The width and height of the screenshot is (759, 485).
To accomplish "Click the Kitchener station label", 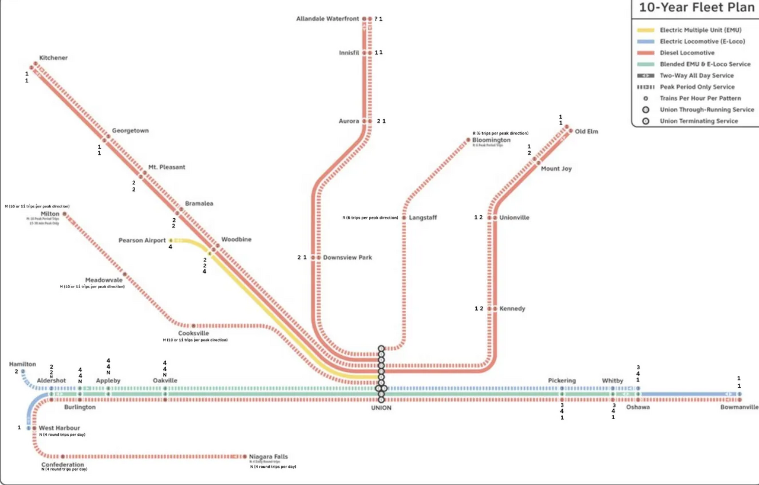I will click(x=53, y=58).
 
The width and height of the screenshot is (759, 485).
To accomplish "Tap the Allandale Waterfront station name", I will click(x=327, y=19).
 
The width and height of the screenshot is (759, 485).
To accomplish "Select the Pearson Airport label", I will click(x=142, y=241).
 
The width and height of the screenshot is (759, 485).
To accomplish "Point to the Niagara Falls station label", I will click(x=269, y=457).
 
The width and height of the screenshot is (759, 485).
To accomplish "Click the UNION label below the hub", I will click(x=381, y=408).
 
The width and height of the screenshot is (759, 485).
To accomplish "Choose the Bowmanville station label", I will click(x=739, y=407).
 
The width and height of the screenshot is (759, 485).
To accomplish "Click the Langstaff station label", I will click(x=423, y=218).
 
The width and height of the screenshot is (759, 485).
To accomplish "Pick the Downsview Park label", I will click(x=347, y=258).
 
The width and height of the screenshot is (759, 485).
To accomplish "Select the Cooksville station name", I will click(x=194, y=334).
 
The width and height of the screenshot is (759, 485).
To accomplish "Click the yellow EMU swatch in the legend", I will click(x=645, y=30).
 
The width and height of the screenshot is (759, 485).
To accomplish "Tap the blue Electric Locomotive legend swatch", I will click(x=645, y=42).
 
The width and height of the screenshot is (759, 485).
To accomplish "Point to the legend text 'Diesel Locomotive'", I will click(x=687, y=53).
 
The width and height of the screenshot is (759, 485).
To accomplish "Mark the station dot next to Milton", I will click(x=65, y=214).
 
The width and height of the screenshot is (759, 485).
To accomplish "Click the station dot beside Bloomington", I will click(x=468, y=141).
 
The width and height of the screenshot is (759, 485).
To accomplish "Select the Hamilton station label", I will click(x=23, y=364).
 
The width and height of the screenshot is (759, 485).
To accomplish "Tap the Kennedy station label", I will click(x=512, y=309).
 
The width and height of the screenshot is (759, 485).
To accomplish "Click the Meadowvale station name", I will click(x=104, y=280).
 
